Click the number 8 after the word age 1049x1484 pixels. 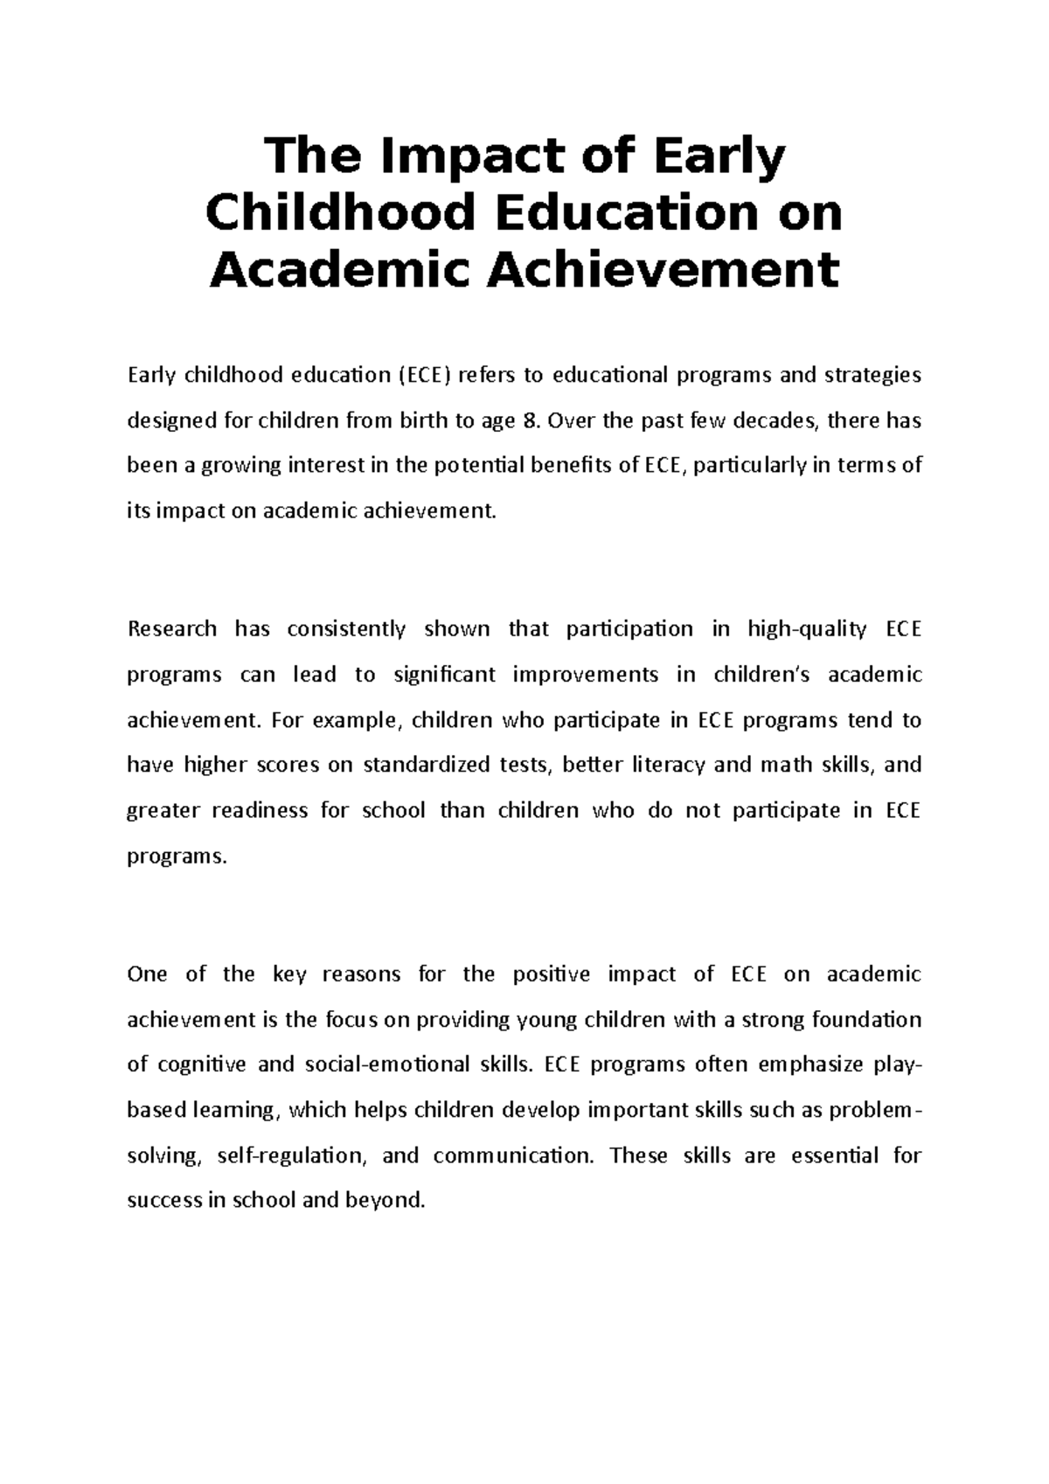point(526,420)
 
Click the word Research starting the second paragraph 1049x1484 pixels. point(172,629)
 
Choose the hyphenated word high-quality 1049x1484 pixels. point(807,629)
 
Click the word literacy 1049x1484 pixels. point(661,766)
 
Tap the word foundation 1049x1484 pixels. point(866,1020)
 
